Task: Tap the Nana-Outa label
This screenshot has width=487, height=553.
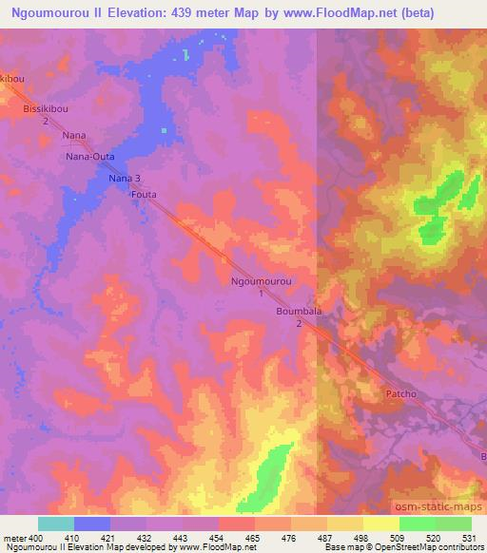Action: point(89,157)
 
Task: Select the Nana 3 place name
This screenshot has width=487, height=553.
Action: point(125,178)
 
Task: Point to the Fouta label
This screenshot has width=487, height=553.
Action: point(143,196)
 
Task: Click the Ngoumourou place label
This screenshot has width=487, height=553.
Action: point(262,282)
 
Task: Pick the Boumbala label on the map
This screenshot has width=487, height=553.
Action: point(300,311)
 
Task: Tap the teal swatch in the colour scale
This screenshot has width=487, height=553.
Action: point(56,524)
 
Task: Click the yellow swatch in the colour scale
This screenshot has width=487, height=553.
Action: point(381,524)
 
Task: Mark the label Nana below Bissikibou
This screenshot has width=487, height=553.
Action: point(74,136)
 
